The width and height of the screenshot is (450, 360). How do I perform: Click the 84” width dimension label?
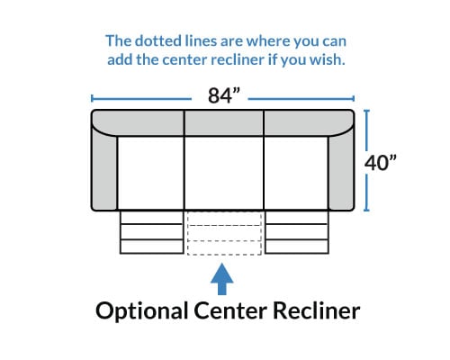coord(224,95)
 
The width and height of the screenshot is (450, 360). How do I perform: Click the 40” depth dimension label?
coord(380,163)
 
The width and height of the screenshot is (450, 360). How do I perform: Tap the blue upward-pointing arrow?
coord(222,279)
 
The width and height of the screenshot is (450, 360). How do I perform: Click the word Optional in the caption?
coord(141,311)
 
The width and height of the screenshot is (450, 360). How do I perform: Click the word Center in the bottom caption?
coord(230,310)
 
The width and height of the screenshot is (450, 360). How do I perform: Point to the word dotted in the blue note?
coord(158,40)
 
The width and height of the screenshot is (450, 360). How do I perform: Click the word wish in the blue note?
coord(328,59)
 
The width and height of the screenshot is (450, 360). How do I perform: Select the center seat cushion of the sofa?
coord(224,173)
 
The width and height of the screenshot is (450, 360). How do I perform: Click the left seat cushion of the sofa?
coord(150,173)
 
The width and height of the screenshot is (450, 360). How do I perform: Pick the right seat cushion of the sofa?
coord(296,173)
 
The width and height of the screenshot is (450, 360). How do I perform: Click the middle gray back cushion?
coord(224,123)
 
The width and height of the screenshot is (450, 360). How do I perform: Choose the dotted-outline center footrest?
coord(224,233)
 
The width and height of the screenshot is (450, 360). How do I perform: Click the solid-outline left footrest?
coord(151,232)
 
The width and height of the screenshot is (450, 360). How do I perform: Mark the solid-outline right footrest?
coord(297,232)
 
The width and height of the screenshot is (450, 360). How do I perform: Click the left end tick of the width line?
coord(92,98)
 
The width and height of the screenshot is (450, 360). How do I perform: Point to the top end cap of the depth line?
coord(366,111)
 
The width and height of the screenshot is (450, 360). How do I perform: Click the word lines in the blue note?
coord(201,40)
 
